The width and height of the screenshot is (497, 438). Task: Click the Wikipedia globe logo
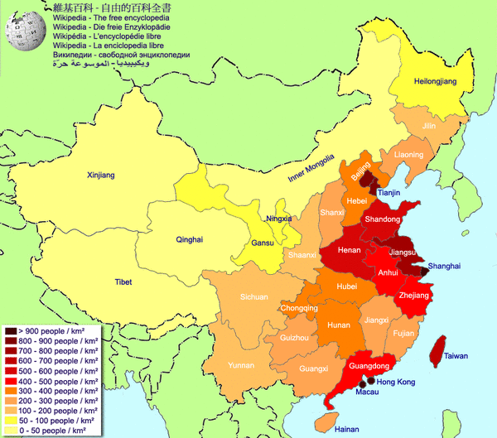(25, 33)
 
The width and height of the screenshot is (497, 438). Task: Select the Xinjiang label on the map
(100, 175)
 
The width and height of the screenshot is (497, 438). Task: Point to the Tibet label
(120, 282)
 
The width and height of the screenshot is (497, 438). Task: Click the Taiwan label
(456, 356)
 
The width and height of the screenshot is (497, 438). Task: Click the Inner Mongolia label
(310, 168)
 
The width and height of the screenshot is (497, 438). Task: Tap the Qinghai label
(189, 239)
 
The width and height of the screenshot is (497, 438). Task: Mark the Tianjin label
(388, 192)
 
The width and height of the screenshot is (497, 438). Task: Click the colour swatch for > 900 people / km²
(10, 331)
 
